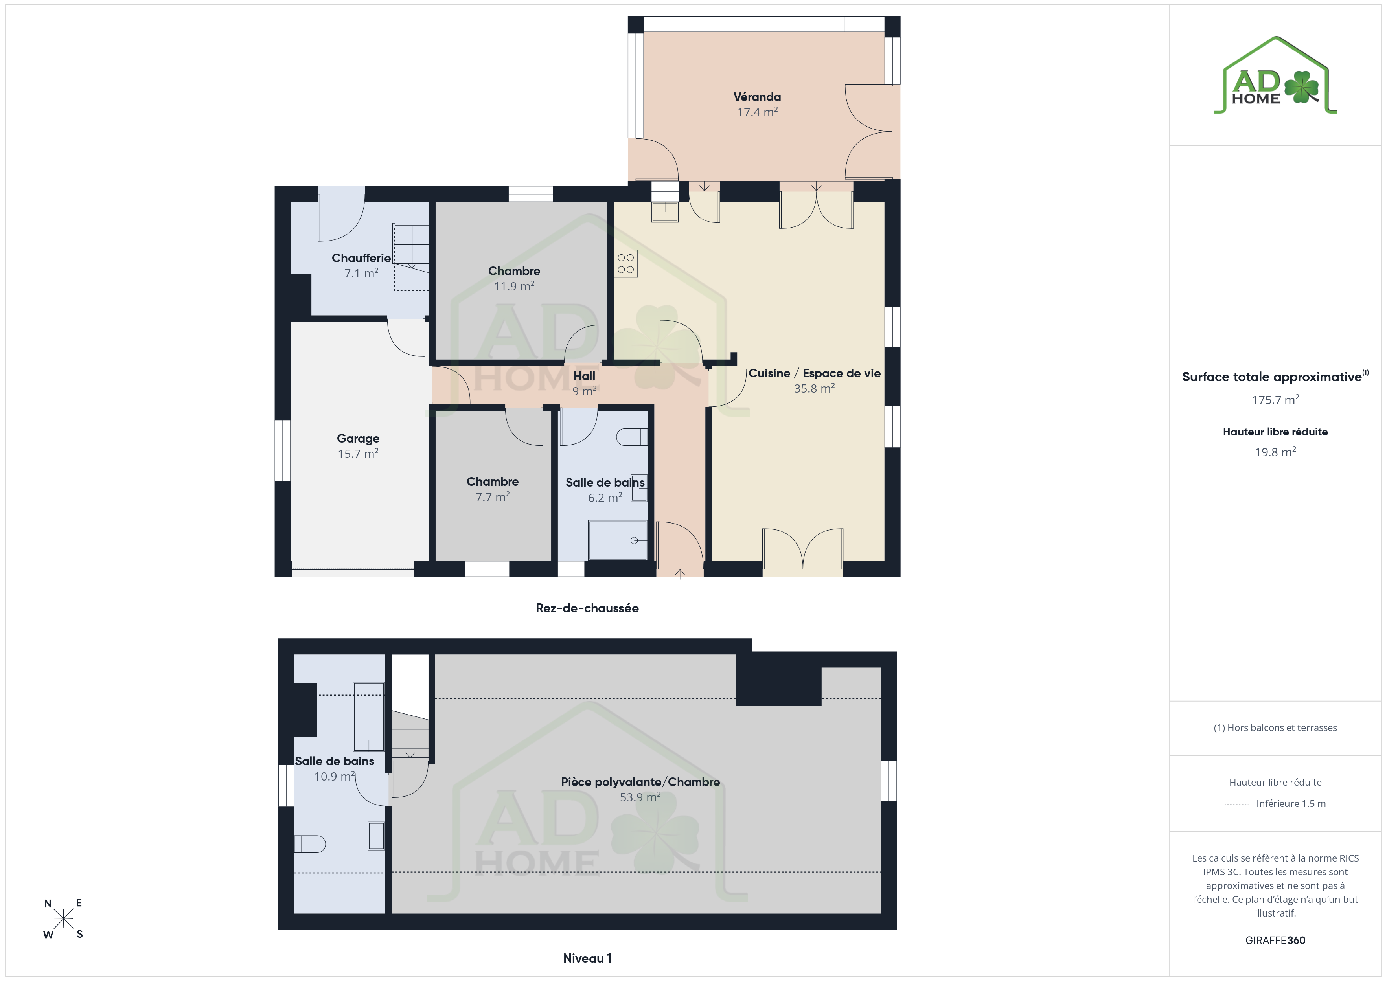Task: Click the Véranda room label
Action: point(757,97)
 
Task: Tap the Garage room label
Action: point(358,439)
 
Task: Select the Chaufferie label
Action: point(361,258)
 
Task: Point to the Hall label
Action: point(584,376)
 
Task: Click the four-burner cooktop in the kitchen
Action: point(626,263)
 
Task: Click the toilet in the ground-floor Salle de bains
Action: point(632,437)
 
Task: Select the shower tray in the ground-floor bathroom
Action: point(617,540)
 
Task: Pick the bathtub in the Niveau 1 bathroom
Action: point(368,717)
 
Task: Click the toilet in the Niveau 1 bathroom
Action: point(310,844)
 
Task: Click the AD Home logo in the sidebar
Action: point(1275,75)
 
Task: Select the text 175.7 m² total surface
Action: point(1275,400)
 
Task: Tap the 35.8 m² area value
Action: point(814,388)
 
